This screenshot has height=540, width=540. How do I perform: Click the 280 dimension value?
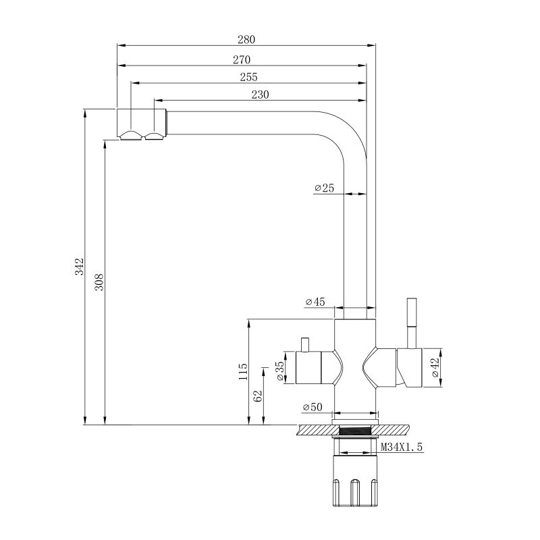pos(246,40)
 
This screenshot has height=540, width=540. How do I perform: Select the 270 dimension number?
pos(242,59)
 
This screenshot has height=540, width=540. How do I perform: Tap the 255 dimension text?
pos(248,77)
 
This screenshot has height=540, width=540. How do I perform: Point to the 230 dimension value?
pos(260,94)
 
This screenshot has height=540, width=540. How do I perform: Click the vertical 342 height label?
pos(80,266)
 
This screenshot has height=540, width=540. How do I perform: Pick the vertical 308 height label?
pos(99,282)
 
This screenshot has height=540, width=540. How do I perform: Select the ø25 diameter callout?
pos(324,188)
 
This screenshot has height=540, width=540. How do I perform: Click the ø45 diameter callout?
pos(315,302)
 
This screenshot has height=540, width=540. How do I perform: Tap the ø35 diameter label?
pos(281,371)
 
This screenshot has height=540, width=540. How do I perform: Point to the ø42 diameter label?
pos(435,367)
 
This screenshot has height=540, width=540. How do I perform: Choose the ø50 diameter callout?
pos(313,407)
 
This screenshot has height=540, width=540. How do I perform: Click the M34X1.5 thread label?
pos(402,447)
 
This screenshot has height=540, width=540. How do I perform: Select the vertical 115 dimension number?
pos(243,371)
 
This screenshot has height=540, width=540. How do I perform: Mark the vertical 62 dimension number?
pos(258,396)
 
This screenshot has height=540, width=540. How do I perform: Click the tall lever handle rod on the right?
pos(412,323)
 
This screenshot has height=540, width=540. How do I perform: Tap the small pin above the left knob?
pos(304,345)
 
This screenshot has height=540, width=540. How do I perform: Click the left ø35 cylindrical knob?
pos(308,367)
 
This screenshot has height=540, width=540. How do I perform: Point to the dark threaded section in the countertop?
pos(355,430)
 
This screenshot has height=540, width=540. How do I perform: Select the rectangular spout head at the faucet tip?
pos(142,124)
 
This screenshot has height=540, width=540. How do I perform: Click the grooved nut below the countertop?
pos(356,481)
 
